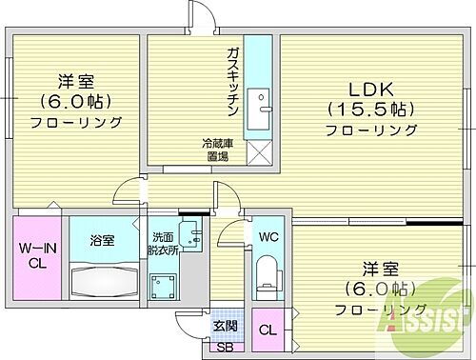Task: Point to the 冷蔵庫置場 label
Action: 214,150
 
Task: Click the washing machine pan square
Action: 165,283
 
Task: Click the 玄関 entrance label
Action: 224,327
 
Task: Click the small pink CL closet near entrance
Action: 268,330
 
